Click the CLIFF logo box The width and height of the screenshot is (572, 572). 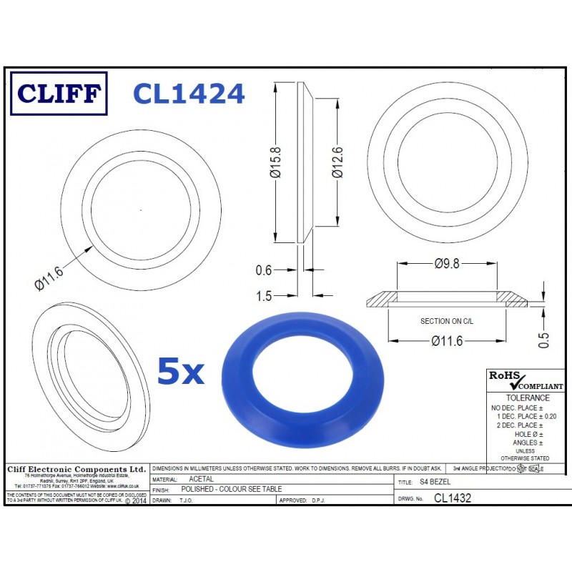(x=59, y=94)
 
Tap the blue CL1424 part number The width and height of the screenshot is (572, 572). (x=189, y=94)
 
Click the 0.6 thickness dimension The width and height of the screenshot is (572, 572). (x=265, y=270)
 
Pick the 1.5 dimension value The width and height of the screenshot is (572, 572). (x=265, y=295)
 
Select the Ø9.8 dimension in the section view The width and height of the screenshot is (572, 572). (x=447, y=264)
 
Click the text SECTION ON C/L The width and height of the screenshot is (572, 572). (x=447, y=322)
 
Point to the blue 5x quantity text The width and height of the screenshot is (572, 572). (x=180, y=372)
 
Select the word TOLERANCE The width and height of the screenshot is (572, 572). (x=528, y=398)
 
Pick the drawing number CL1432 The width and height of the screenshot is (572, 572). (x=454, y=498)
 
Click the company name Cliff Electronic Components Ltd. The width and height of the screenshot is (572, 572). (x=76, y=469)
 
